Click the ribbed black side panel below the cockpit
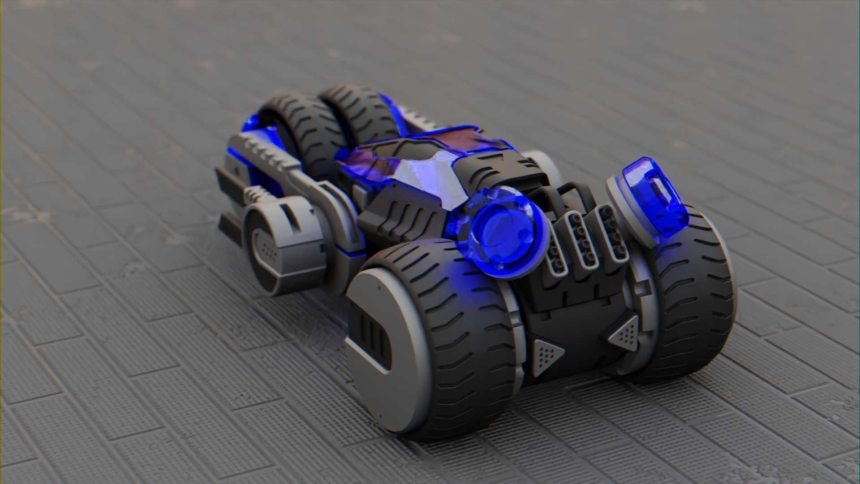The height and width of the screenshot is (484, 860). pyautogui.click(x=403, y=215)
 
